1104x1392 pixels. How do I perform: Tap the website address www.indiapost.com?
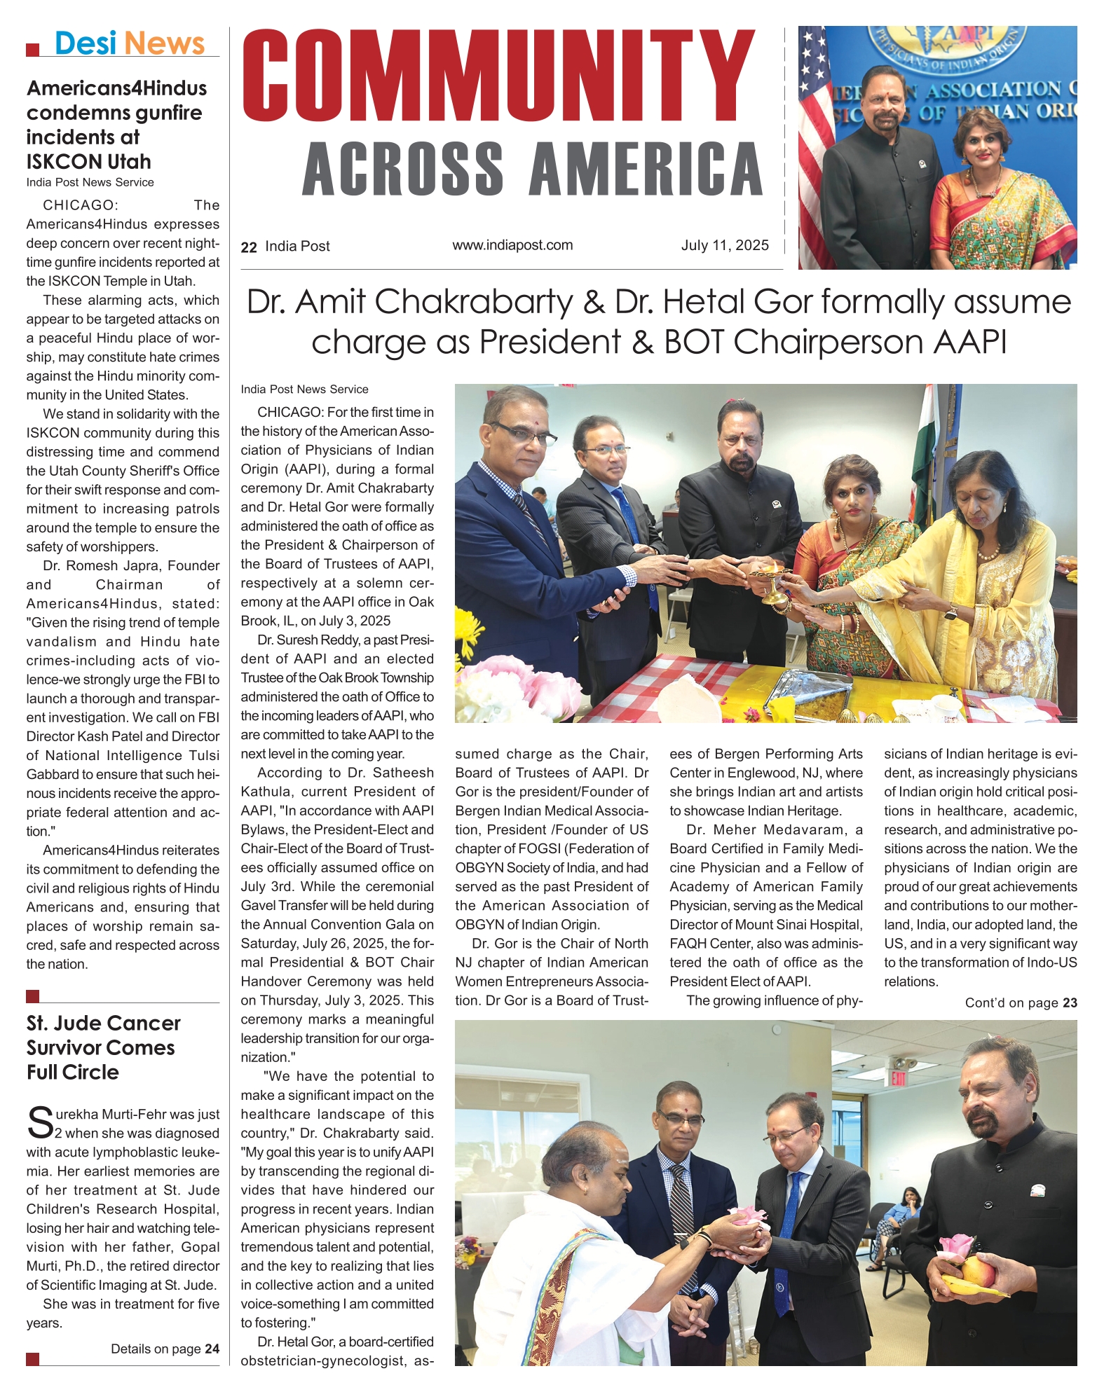[x=512, y=245]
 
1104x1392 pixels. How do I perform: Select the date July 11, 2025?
[x=724, y=245]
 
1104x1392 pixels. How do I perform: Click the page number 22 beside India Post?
[x=248, y=247]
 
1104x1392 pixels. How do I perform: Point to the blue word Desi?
[x=85, y=43]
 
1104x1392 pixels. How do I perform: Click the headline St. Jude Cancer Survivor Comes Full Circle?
[x=103, y=1047]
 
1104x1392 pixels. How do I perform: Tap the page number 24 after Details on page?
[x=212, y=1349]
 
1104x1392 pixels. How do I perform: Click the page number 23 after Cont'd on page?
[x=1070, y=1002]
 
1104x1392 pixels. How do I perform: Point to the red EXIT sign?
[x=898, y=1078]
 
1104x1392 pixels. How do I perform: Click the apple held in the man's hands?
[x=978, y=1270]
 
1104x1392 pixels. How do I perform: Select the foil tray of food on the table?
[x=813, y=695]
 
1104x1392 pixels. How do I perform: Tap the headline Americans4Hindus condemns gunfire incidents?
[x=116, y=125]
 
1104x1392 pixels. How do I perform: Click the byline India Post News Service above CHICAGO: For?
[x=304, y=390]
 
